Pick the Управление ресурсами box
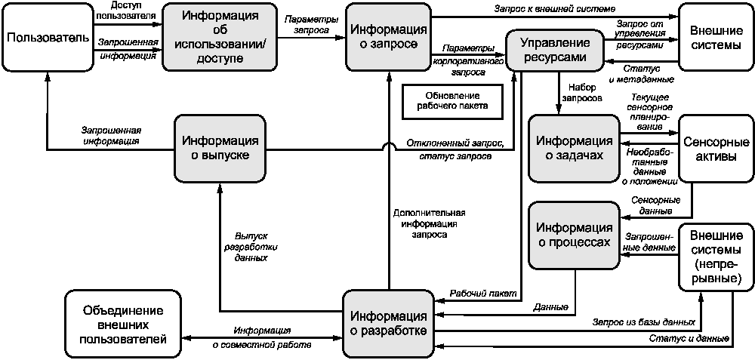coord(556,49)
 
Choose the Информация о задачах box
coord(574,149)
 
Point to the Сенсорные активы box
coord(714,149)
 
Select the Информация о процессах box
coord(574,235)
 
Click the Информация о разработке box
coord(388,324)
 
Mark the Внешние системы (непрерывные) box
coord(714,257)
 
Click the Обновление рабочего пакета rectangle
coord(452,101)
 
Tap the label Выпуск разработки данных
coord(251,247)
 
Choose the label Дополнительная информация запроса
coord(430,224)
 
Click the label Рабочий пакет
coord(483,293)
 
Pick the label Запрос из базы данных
coord(644,321)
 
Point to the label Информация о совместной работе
coord(263,337)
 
